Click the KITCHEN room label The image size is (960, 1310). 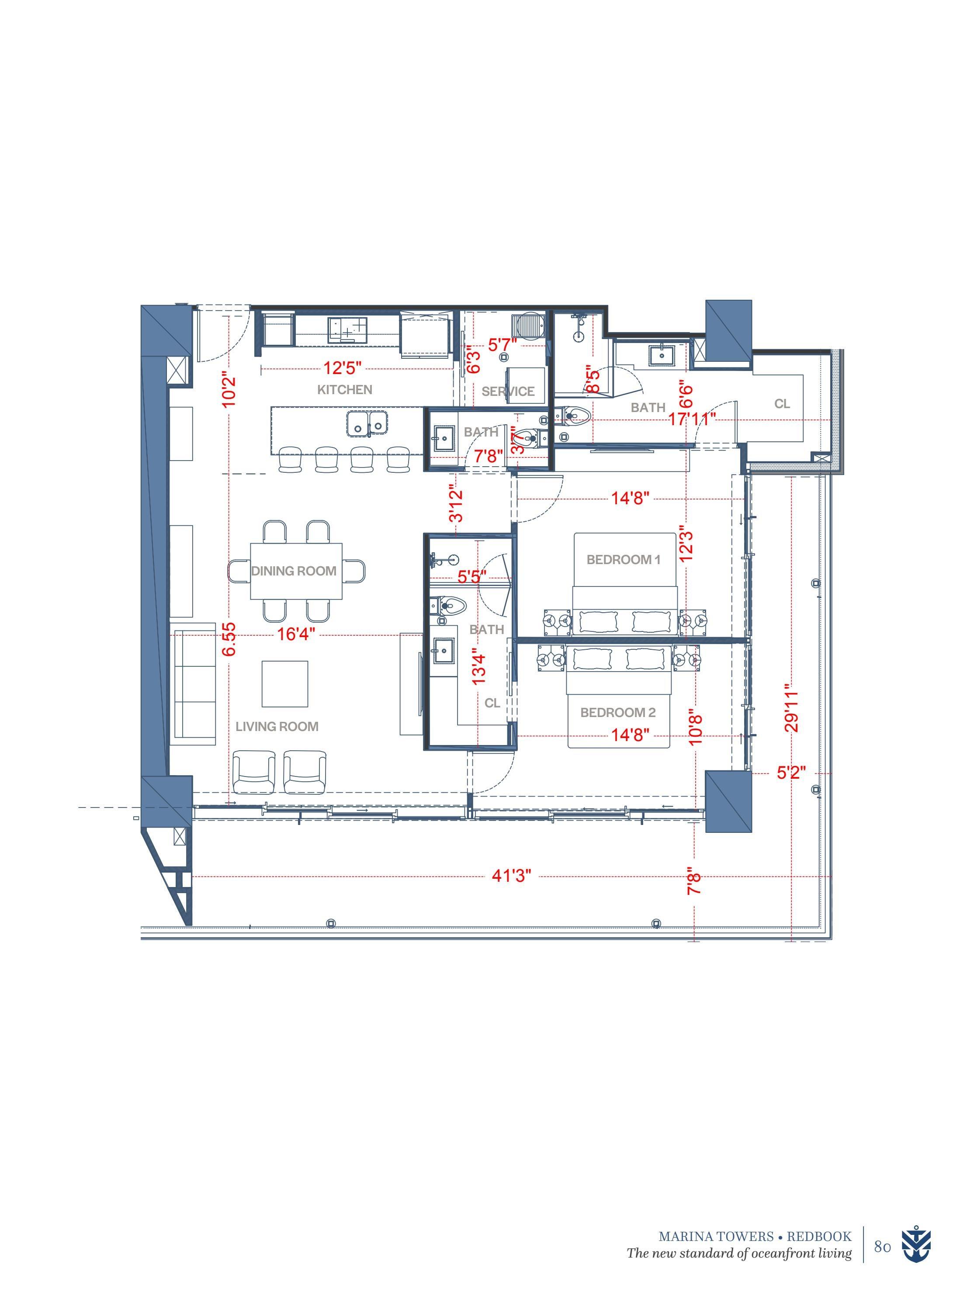[345, 389]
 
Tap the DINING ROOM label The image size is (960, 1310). [294, 571]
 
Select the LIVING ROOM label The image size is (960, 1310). [277, 727]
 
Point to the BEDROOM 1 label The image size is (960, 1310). [624, 560]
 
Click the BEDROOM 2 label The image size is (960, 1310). [618, 713]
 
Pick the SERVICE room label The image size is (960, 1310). [508, 392]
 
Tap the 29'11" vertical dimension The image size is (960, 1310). [791, 711]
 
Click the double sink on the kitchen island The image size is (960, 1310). [367, 423]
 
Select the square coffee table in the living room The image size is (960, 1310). [285, 684]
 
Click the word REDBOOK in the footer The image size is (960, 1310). [819, 1248]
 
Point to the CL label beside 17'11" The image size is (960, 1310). [782, 403]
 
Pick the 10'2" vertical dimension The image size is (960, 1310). [229, 390]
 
